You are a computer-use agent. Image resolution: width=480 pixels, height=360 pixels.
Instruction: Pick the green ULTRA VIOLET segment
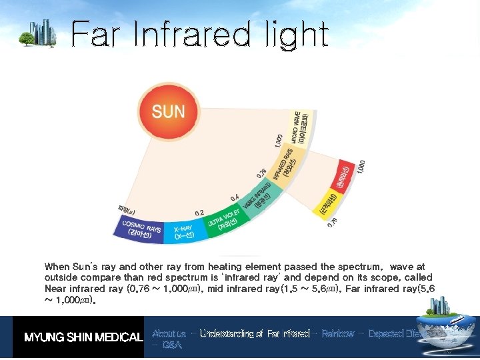(x=224, y=220)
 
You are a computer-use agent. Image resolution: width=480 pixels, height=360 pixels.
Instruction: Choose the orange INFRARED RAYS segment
(x=285, y=163)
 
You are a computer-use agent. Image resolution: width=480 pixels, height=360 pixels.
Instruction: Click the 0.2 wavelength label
(x=199, y=212)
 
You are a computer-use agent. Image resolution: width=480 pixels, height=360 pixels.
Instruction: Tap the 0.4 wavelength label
(x=235, y=198)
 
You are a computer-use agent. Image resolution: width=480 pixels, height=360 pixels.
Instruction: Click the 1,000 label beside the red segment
(x=361, y=167)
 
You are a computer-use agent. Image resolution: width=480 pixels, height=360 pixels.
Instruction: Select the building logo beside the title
(x=41, y=33)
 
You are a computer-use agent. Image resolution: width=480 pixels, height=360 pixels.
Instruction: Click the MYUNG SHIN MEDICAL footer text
(x=83, y=337)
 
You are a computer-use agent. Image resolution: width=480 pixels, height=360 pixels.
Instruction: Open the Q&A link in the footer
(x=171, y=345)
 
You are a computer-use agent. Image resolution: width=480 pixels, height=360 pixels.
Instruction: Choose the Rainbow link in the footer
(x=337, y=333)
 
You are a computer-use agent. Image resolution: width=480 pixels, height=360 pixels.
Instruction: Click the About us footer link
(x=169, y=333)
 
